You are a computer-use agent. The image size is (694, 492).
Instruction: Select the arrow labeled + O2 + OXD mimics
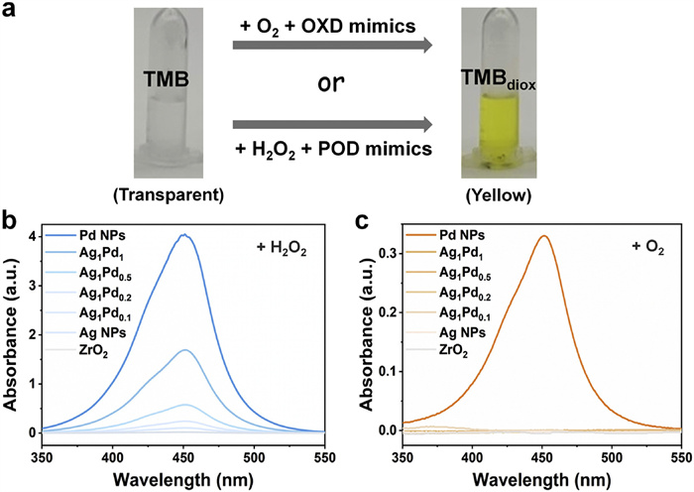point(337,45)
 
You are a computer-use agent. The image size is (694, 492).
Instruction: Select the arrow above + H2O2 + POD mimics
point(337,125)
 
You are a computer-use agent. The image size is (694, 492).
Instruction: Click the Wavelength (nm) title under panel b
point(184,476)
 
